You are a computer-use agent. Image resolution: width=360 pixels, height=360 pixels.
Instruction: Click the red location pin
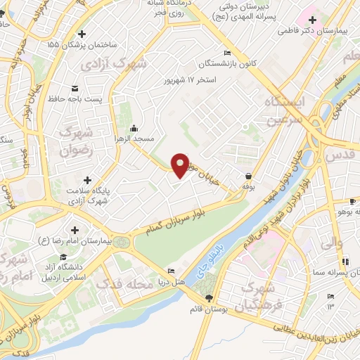click(181, 165)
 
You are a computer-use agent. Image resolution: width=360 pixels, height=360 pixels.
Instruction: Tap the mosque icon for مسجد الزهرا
click(134, 128)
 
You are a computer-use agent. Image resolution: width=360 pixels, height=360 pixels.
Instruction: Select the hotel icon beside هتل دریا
click(172, 271)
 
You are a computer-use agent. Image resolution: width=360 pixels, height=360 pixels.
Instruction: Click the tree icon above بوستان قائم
click(207, 299)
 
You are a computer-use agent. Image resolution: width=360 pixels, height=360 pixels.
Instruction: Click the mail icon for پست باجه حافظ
click(75, 89)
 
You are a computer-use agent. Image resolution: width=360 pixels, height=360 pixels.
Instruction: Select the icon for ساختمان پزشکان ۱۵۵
click(82, 33)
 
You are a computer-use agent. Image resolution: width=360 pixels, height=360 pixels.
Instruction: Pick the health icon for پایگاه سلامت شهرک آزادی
click(87, 180)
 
